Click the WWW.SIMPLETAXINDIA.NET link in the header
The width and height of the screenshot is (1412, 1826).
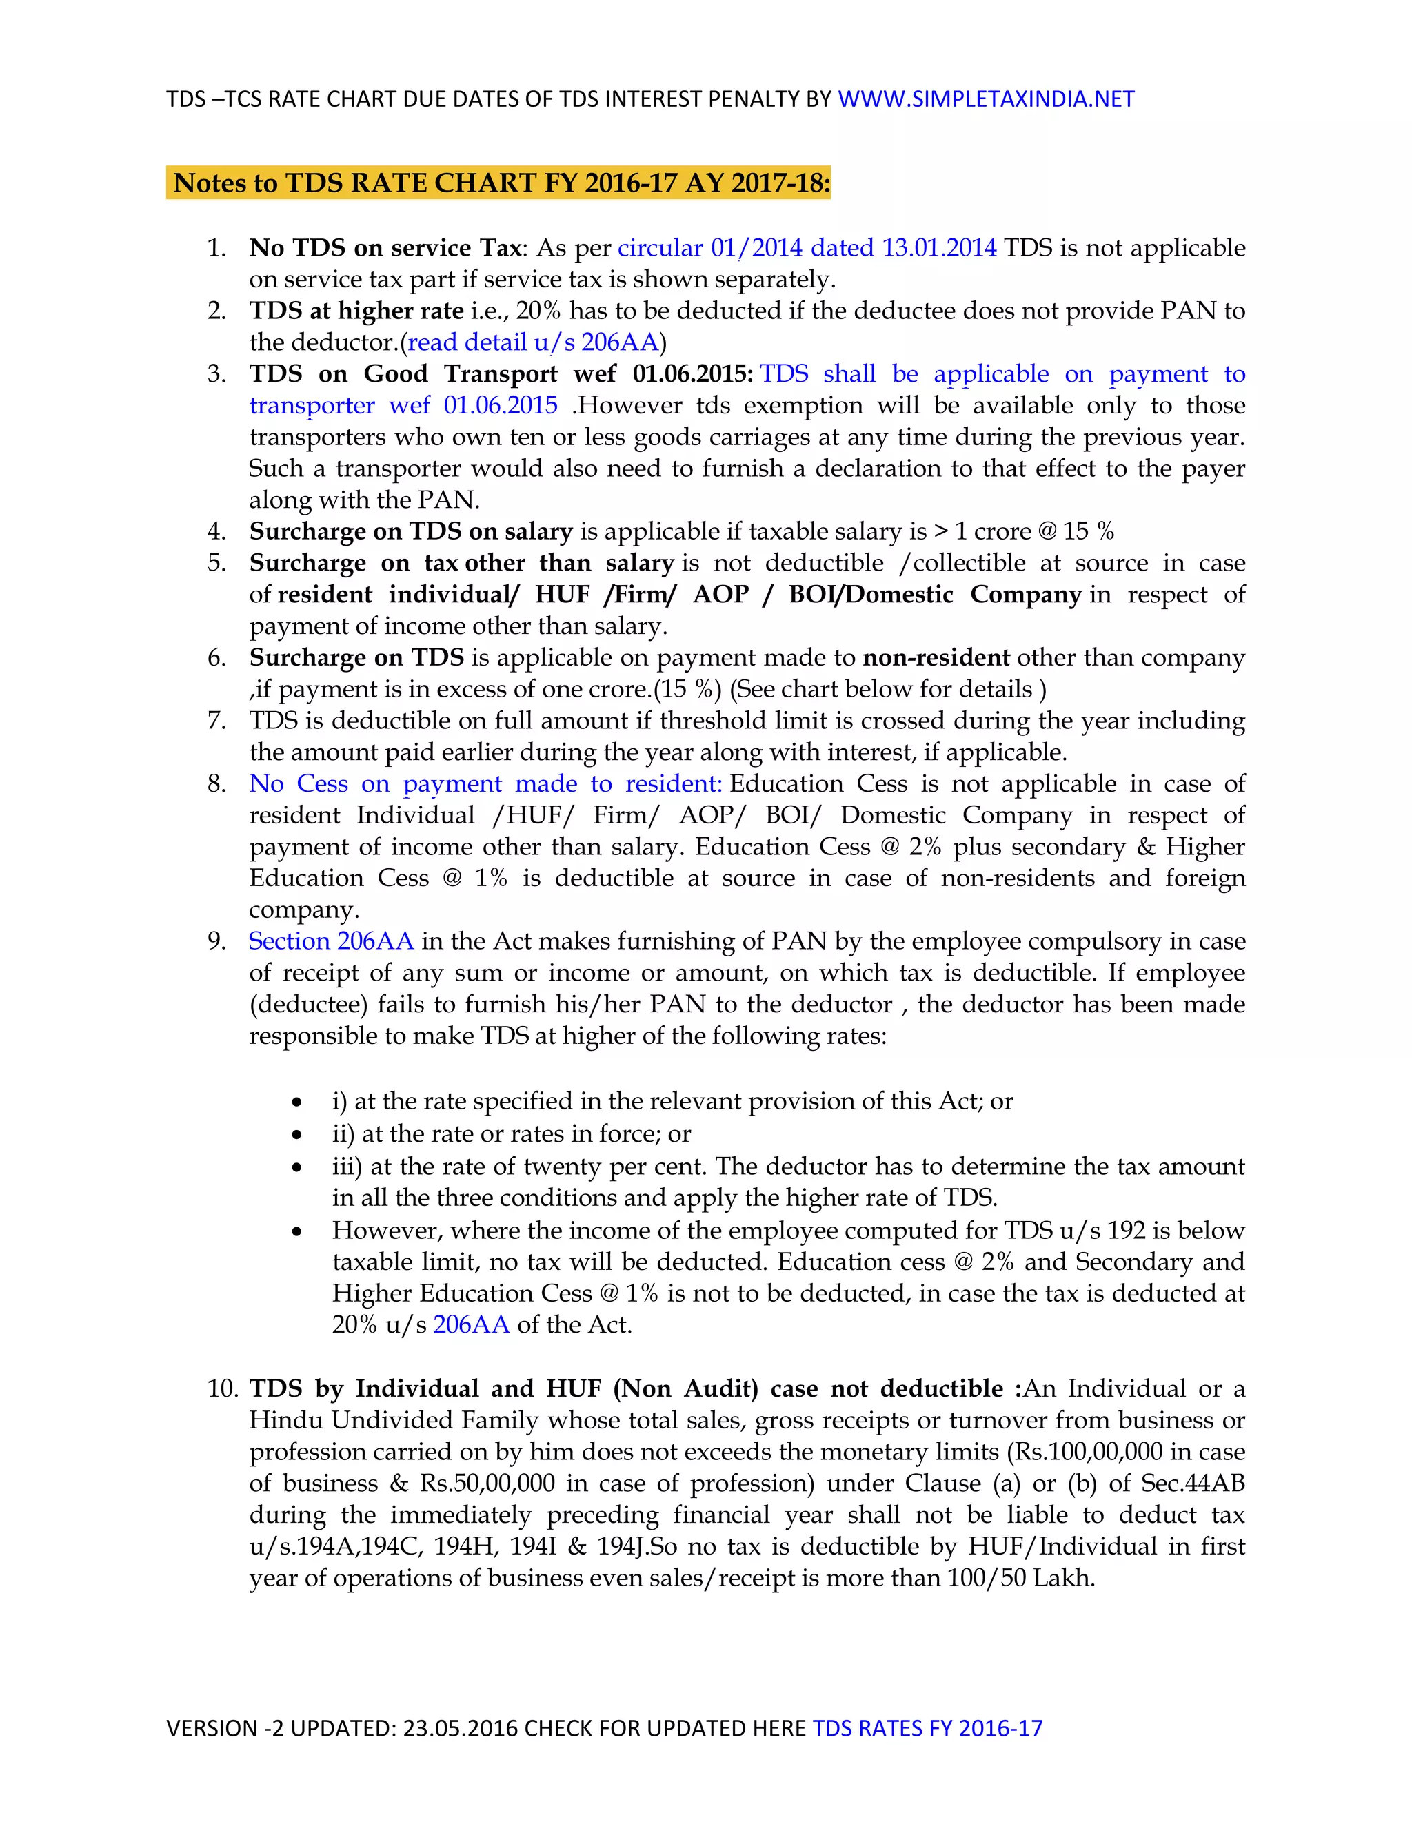(985, 99)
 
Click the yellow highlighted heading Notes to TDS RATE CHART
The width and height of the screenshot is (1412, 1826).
(501, 183)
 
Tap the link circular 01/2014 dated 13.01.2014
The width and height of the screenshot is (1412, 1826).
(807, 248)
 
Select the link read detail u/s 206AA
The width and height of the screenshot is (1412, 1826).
(533, 342)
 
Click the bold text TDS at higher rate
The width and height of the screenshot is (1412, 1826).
(356, 311)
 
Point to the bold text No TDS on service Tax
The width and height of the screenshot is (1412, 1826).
(385, 248)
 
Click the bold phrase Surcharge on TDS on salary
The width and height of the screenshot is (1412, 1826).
(411, 532)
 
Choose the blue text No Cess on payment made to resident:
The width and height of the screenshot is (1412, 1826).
(485, 784)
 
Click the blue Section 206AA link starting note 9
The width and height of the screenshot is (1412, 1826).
(331, 941)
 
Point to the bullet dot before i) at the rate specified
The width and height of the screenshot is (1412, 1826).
(297, 1102)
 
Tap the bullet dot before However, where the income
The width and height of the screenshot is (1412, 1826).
(297, 1231)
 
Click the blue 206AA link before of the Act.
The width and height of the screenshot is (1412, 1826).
(471, 1325)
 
